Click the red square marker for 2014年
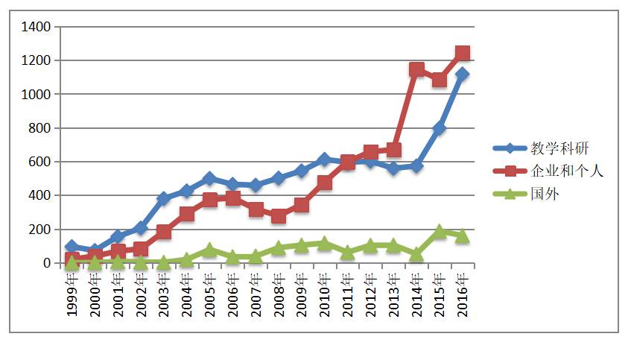(416, 69)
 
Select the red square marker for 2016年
(463, 53)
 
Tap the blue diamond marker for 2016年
(463, 74)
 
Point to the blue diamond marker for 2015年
(440, 128)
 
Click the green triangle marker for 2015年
(440, 231)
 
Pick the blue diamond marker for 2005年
(209, 178)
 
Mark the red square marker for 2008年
(279, 216)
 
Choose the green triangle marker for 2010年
(325, 243)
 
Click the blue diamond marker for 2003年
(163, 198)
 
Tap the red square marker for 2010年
(325, 182)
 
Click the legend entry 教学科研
(556, 148)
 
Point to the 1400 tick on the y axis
(36, 27)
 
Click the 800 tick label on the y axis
(39, 128)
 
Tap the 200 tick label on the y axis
(39, 230)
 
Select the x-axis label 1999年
(72, 295)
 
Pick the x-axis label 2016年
(463, 295)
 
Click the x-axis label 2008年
(279, 295)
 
